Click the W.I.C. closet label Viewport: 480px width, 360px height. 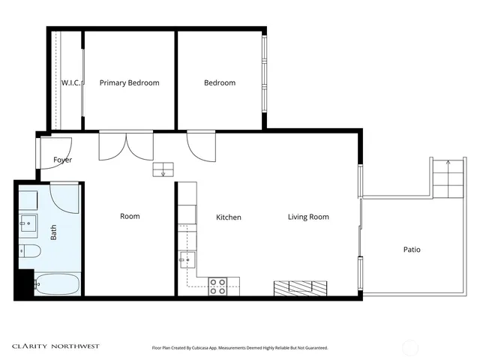70,83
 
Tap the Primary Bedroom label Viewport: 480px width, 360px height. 129,83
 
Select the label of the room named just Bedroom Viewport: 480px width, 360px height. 220,83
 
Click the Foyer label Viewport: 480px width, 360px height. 63,160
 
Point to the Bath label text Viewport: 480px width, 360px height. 54,233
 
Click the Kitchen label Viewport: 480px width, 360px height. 229,217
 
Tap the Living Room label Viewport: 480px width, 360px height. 308,217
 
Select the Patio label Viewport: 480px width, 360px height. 412,250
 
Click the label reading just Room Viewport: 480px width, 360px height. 130,217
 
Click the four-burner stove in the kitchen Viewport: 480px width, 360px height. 218,286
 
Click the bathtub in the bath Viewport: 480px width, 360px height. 57,285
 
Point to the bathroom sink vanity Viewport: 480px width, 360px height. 28,223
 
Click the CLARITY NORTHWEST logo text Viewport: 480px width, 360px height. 55,346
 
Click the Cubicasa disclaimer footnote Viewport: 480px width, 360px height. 240,348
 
